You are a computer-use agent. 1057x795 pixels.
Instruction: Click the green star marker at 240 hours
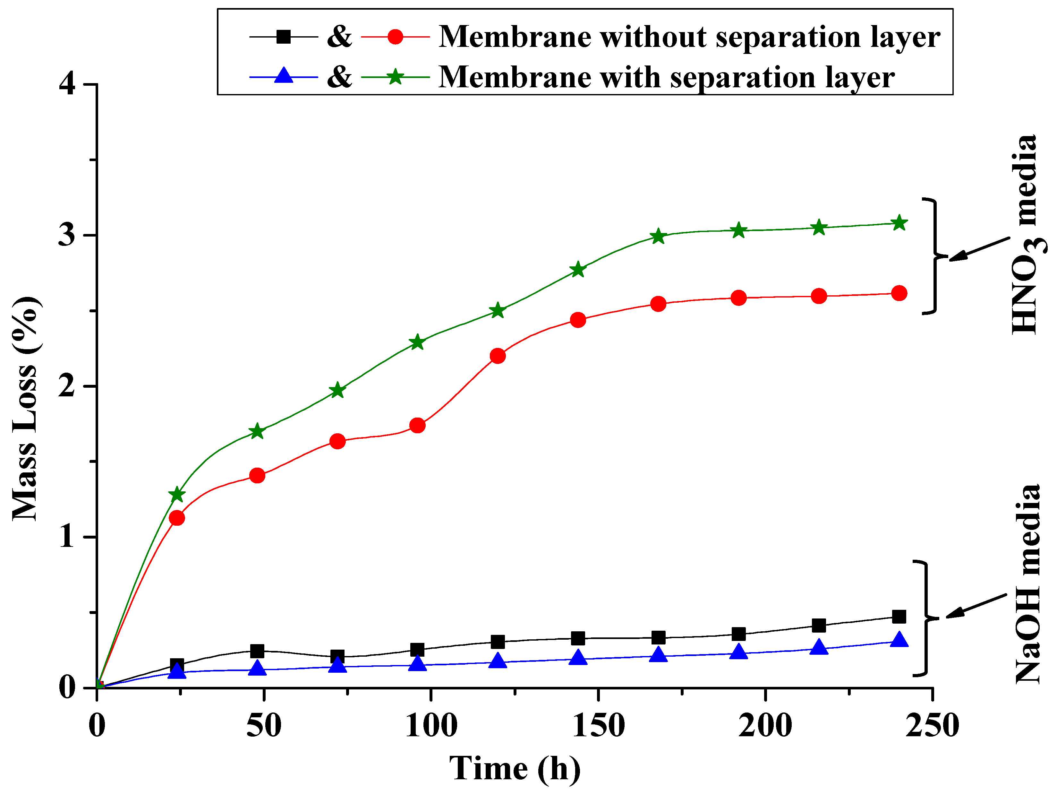coord(899,223)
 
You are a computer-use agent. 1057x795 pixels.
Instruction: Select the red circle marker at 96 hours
coord(418,425)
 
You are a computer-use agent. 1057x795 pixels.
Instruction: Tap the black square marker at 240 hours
coord(899,617)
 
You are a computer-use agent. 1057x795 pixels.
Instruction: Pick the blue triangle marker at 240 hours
coord(899,640)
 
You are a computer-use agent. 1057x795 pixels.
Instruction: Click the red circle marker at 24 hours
coord(177,518)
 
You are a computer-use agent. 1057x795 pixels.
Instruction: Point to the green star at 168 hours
coord(659,237)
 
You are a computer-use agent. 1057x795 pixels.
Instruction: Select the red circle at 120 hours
coord(498,356)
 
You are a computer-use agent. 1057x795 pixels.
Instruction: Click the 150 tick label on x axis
coord(598,726)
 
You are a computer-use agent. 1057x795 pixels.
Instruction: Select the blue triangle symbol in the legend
coord(284,76)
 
